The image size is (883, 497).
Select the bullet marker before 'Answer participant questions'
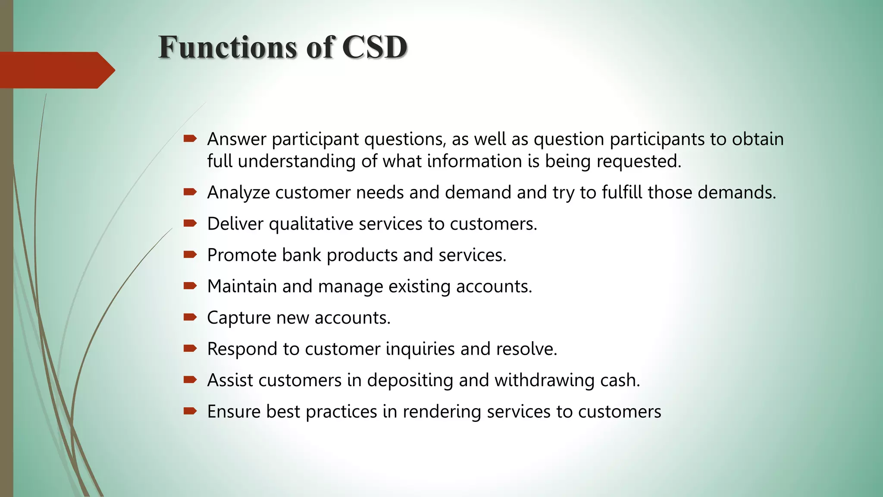pos(190,139)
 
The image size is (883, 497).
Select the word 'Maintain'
pos(242,286)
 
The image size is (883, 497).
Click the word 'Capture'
pos(238,318)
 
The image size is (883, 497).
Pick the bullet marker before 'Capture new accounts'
pos(190,318)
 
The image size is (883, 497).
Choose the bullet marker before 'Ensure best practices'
pos(190,411)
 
